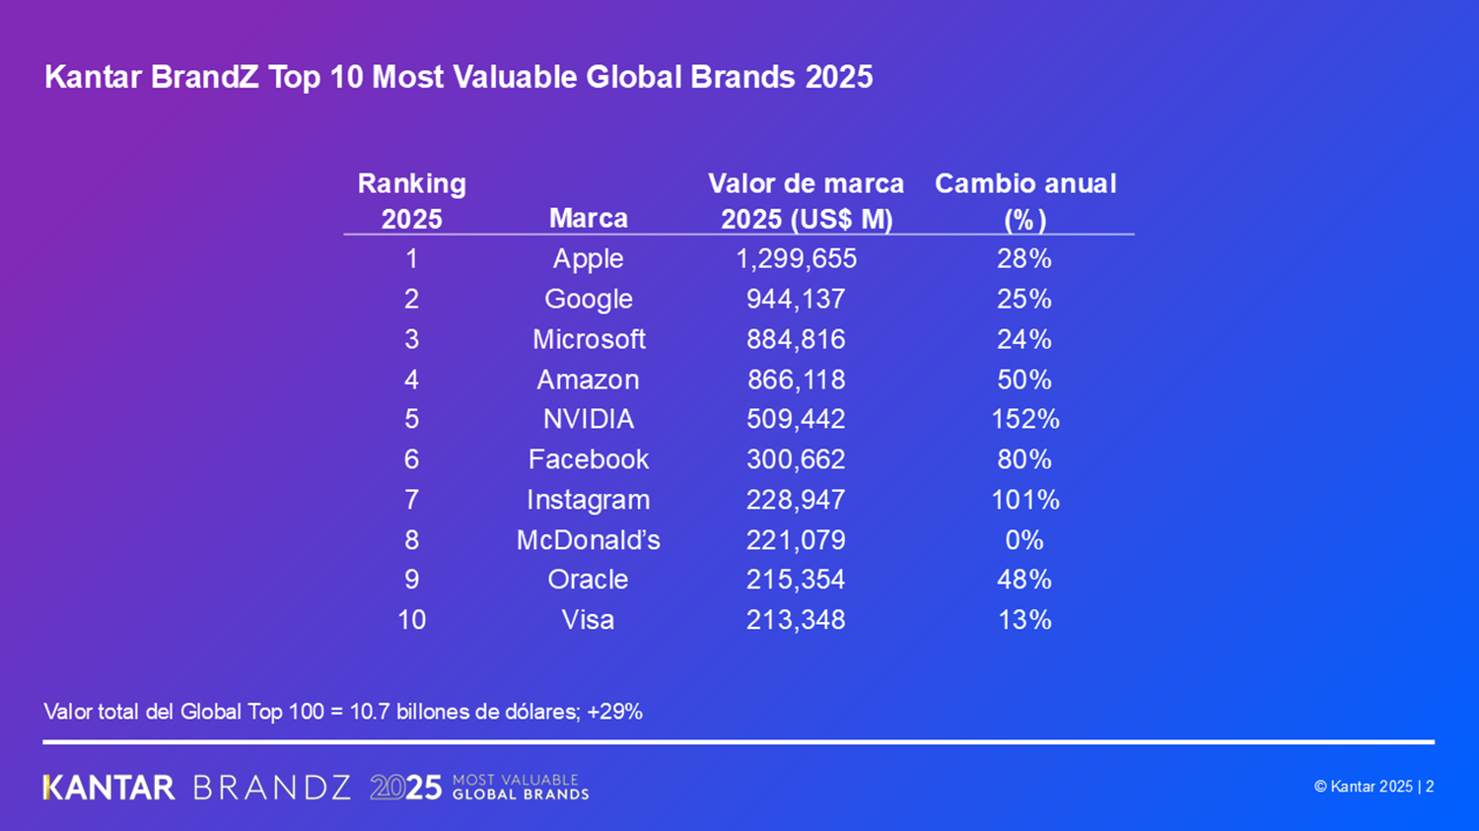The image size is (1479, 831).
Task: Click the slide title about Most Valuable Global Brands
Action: coord(458,77)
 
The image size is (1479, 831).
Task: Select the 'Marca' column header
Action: coord(588,218)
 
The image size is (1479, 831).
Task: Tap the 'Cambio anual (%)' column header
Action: coord(1024,201)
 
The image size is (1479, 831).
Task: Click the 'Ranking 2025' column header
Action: coord(411,201)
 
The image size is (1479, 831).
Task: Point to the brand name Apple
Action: coord(588,258)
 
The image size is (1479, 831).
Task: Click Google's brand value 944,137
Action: coord(796,299)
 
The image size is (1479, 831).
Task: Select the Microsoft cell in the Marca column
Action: coord(589,339)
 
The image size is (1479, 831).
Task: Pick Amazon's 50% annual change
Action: coord(1023,380)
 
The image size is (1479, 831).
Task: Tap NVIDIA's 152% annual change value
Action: coord(1024,419)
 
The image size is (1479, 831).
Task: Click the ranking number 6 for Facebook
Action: coord(411,459)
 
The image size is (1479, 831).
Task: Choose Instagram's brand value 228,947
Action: coord(796,500)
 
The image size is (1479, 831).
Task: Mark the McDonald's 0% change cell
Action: coord(1023,540)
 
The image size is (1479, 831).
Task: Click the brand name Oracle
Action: coord(588,580)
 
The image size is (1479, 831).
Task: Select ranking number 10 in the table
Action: coord(411,620)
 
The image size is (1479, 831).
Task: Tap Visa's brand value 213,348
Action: coord(796,620)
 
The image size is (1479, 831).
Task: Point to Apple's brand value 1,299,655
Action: coord(796,258)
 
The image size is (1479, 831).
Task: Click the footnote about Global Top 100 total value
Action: coord(343,712)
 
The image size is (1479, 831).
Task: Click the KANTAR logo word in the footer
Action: coord(109,788)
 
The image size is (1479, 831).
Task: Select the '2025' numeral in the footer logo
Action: coord(405,788)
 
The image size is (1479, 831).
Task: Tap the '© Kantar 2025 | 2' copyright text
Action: coord(1373,787)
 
